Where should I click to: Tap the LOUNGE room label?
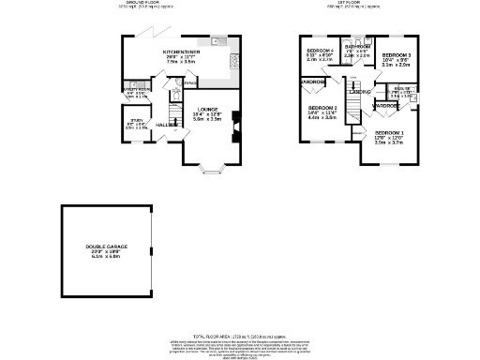[206, 109]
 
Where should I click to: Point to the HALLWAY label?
[166, 125]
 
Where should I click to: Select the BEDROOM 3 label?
[397, 55]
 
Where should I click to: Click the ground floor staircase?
[175, 101]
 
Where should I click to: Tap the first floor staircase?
[349, 110]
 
